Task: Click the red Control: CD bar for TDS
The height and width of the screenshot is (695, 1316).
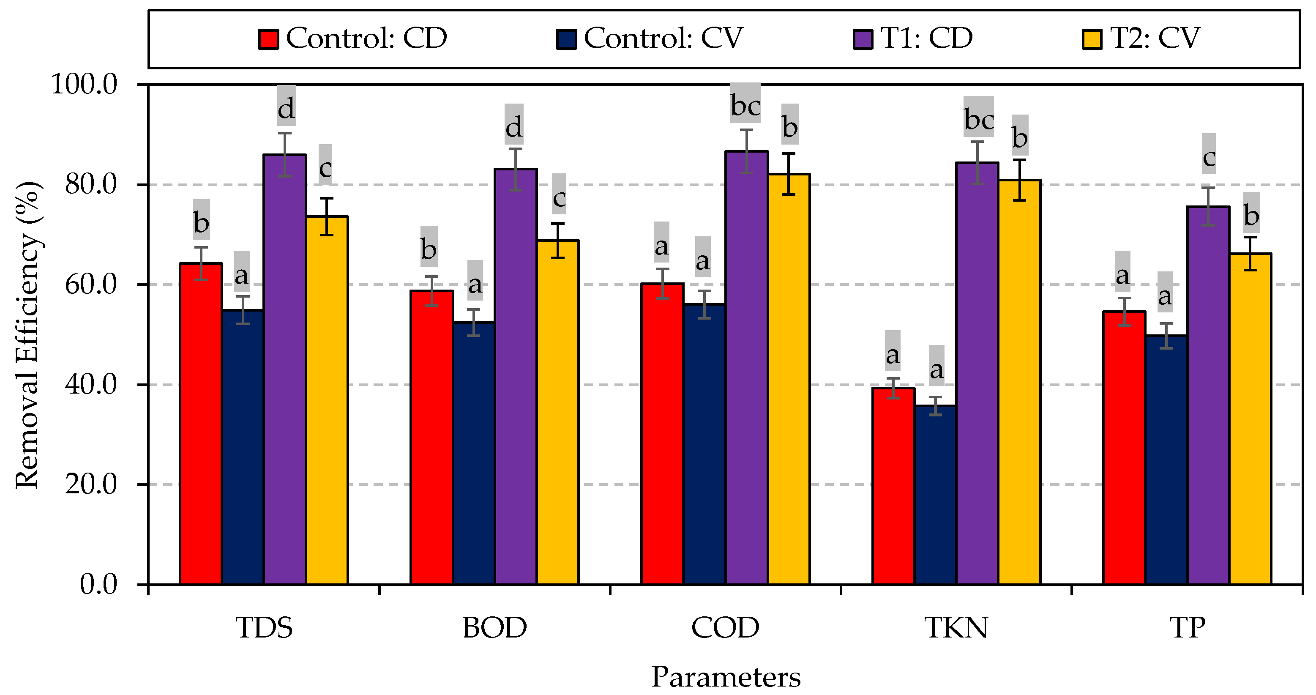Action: click(201, 424)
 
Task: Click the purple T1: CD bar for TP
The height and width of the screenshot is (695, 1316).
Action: click(1208, 396)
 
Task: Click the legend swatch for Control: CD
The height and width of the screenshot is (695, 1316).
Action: click(268, 39)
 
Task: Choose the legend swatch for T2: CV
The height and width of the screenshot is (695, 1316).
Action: click(1092, 39)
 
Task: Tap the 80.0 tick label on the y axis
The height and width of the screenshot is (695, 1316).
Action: click(91, 184)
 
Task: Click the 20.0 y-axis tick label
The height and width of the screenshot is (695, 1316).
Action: click(91, 484)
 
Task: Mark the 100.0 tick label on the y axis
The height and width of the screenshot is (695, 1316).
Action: click(84, 84)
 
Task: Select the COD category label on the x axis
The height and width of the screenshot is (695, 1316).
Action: click(726, 628)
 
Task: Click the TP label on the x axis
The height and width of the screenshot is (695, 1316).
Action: click(1187, 628)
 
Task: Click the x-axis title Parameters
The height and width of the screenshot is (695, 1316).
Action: click(726, 678)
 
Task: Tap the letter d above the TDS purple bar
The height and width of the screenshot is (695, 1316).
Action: click(286, 108)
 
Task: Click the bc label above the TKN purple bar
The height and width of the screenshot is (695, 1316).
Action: click(979, 120)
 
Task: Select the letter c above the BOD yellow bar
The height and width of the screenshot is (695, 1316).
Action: click(559, 197)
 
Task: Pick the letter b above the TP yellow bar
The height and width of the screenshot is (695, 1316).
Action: click(1251, 216)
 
